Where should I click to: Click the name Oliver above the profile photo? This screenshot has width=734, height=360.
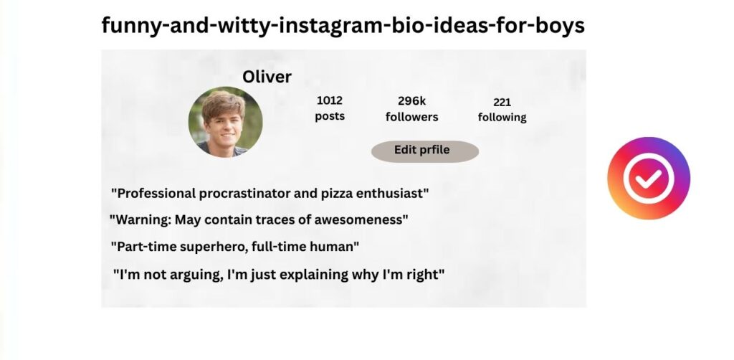pyautogui.click(x=267, y=77)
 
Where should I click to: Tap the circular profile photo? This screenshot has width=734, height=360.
pyautogui.click(x=225, y=122)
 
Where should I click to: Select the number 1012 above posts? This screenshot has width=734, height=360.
pyautogui.click(x=330, y=100)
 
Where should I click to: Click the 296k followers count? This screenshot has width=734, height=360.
pyautogui.click(x=412, y=101)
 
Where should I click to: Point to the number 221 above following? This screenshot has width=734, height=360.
pyautogui.click(x=502, y=102)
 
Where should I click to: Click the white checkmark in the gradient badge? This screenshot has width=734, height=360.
pyautogui.click(x=649, y=179)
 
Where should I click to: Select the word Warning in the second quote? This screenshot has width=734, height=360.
pyautogui.click(x=143, y=219)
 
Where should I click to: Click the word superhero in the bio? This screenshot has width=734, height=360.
pyautogui.click(x=213, y=247)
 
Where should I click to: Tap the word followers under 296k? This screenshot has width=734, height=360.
pyautogui.click(x=412, y=117)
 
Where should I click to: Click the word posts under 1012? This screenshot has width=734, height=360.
pyautogui.click(x=330, y=117)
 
